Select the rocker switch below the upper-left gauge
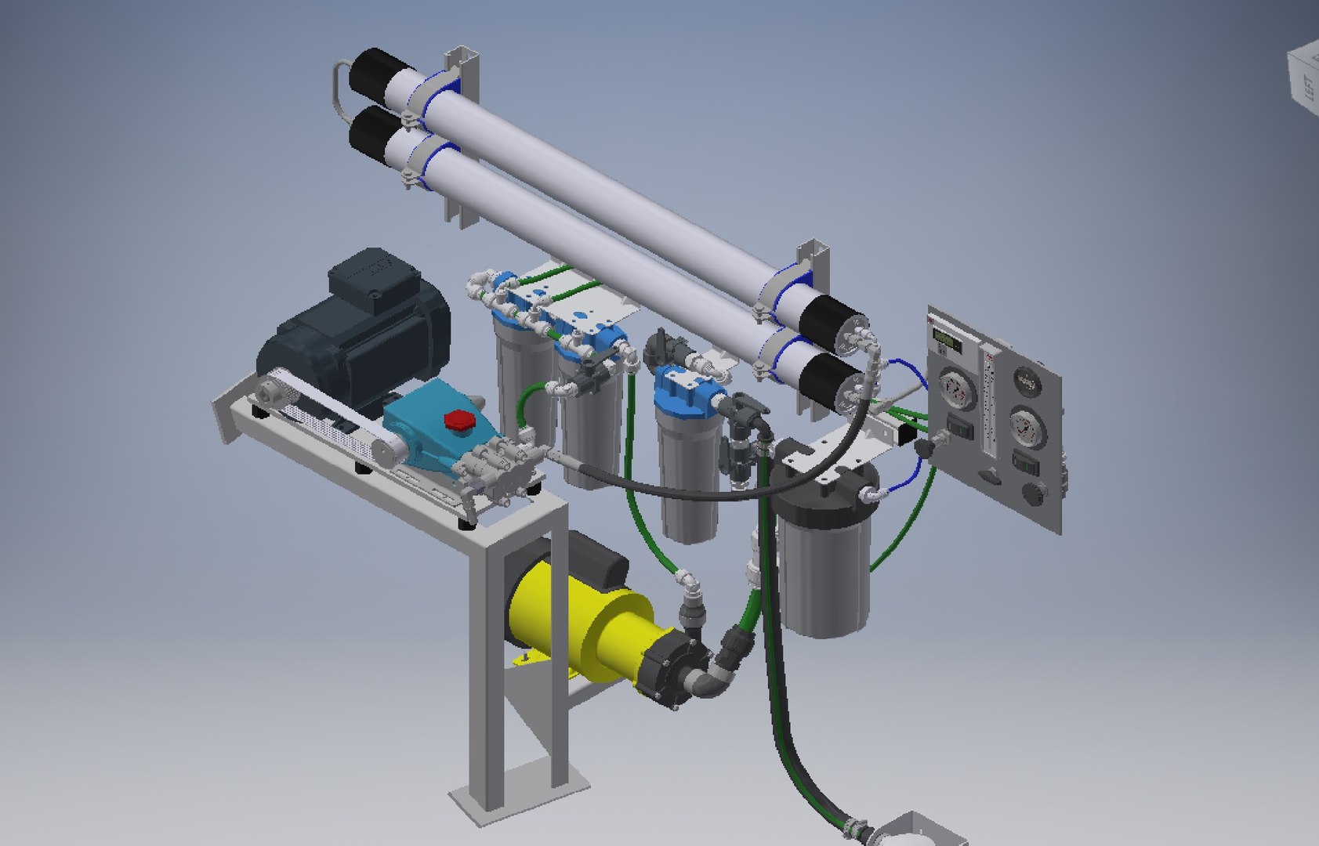click(x=958, y=427)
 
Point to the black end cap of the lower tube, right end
click(x=843, y=385)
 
